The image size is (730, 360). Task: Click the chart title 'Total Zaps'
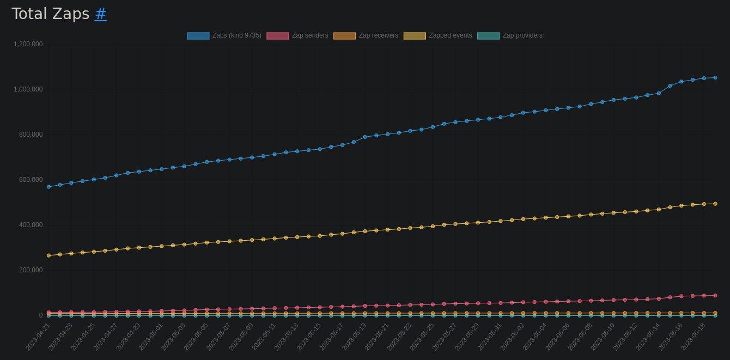pos(50,14)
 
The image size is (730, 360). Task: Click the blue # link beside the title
pos(101,14)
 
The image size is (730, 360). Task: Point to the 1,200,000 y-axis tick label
pos(28,44)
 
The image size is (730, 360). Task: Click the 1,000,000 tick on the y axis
pos(28,89)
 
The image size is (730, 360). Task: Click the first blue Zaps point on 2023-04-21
pos(48,187)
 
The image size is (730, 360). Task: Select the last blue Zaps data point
pos(715,77)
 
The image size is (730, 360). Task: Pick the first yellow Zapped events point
pos(48,255)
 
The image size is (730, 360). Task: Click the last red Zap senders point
pos(715,295)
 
